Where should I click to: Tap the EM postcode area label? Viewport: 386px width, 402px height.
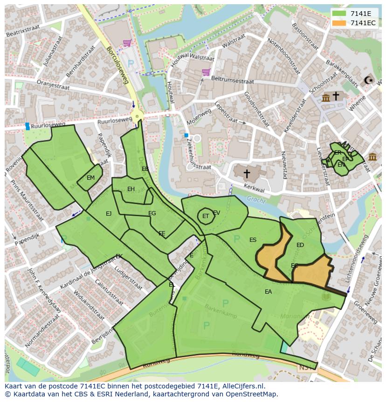tap(90, 177)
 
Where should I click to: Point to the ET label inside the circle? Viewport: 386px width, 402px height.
tap(205, 216)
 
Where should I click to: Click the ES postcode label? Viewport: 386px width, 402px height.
tap(253, 240)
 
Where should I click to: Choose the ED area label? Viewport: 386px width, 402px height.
tap(300, 245)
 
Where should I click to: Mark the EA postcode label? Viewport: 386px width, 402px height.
tap(268, 292)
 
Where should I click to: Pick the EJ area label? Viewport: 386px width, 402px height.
tap(109, 213)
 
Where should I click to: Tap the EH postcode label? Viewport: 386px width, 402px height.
tap(131, 189)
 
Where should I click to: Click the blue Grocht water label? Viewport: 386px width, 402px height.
tap(256, 200)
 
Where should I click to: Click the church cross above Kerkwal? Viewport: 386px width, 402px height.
tap(247, 174)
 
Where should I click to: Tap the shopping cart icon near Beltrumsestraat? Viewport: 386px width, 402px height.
tap(206, 72)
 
